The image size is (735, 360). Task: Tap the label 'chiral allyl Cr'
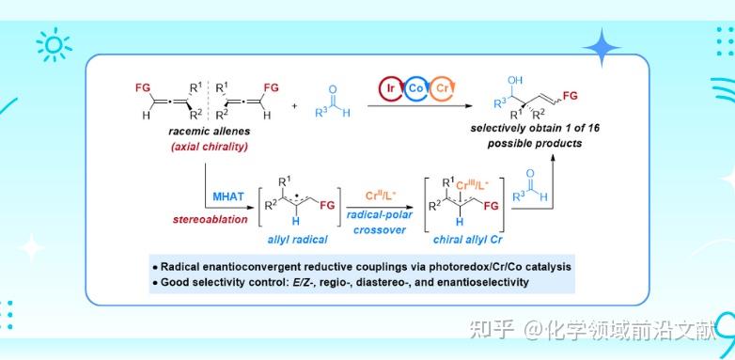[x=467, y=242]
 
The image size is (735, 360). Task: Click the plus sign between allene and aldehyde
[x=293, y=105]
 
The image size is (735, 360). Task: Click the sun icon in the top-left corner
[x=49, y=43]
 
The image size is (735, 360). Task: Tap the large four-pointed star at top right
[x=601, y=46]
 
